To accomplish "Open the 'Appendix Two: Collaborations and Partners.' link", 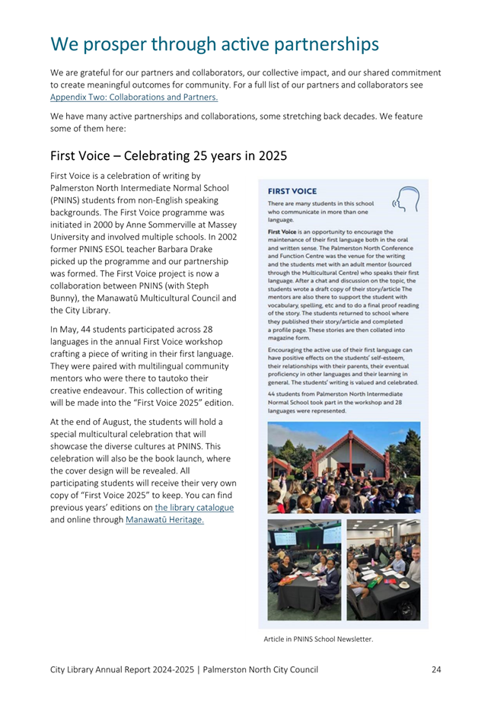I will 134,97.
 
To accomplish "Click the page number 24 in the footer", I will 436,669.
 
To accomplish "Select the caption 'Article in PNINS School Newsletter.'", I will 318,639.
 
